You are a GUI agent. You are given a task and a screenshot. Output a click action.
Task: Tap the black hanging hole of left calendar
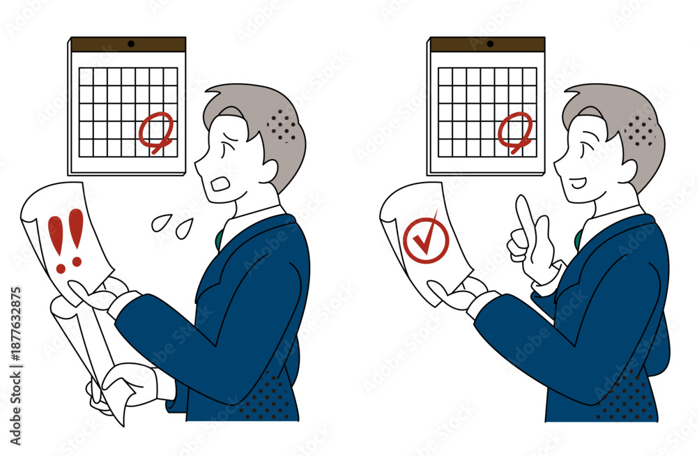coord(131,44)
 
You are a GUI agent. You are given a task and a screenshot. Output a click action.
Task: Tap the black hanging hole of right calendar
coord(490,44)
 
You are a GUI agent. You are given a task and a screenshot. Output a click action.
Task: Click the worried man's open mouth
coord(220,184)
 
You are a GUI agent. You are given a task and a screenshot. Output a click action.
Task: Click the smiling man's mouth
coord(579,183)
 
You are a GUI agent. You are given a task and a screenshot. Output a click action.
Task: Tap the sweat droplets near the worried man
coord(171,225)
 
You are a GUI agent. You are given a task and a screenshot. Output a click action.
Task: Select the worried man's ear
coord(268,172)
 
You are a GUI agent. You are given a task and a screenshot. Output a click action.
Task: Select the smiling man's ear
coord(628,172)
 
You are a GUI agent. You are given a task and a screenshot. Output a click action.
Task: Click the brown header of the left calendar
coord(128,45)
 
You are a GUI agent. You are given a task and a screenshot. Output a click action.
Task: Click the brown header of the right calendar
coord(487,45)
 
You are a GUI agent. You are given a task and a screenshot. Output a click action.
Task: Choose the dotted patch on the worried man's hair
coord(282,125)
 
